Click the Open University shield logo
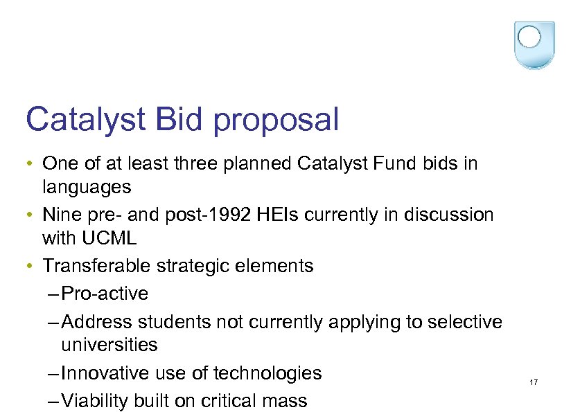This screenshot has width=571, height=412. click(x=534, y=44)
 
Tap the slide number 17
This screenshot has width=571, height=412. click(x=534, y=383)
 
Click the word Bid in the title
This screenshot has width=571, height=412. click(x=182, y=119)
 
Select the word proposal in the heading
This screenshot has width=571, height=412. click(x=276, y=120)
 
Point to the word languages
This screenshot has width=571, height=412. click(x=87, y=187)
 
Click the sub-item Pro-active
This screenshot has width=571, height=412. click(x=105, y=294)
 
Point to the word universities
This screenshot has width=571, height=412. click(x=109, y=345)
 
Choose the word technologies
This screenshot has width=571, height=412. click(x=267, y=373)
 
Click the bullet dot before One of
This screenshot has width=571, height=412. click(x=30, y=165)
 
